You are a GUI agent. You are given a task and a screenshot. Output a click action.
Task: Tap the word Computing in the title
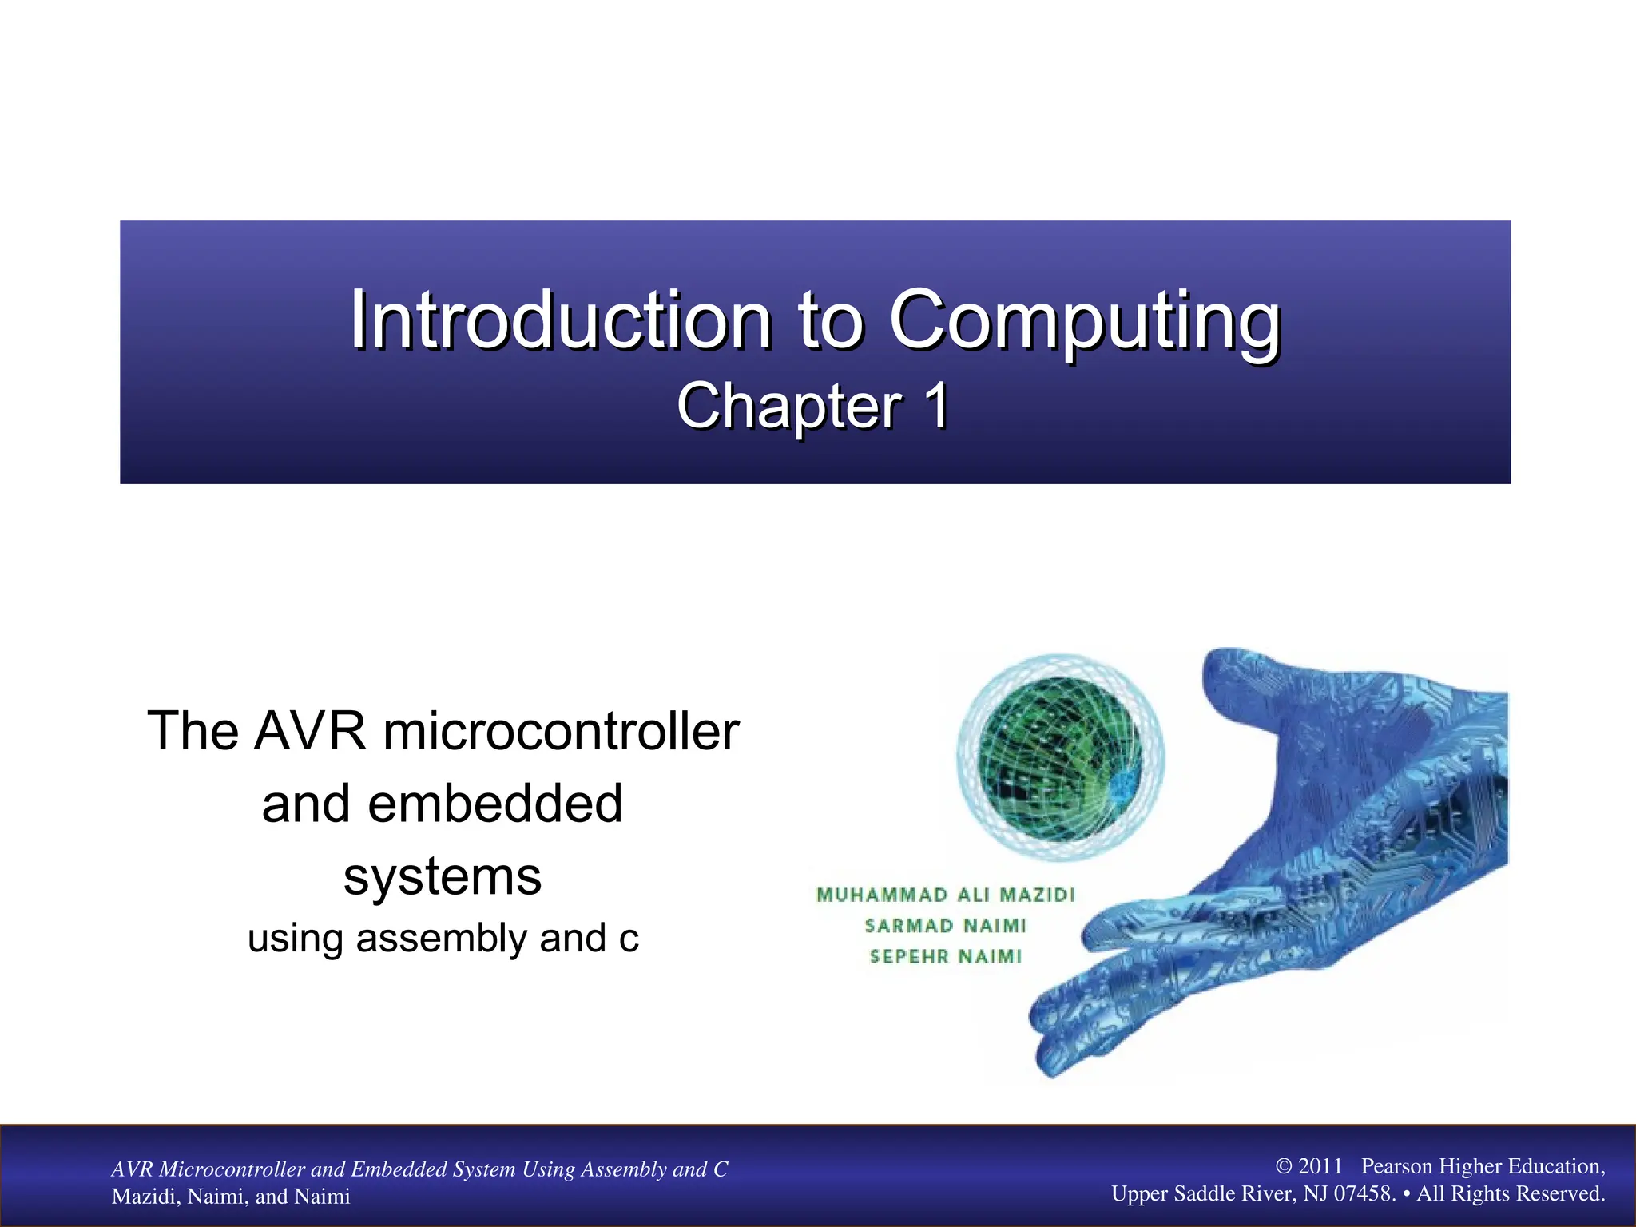[1084, 321]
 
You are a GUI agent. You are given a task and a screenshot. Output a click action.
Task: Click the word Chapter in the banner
[788, 406]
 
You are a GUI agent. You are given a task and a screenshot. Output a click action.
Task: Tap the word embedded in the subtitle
[494, 804]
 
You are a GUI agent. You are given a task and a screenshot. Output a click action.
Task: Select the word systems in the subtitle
[443, 876]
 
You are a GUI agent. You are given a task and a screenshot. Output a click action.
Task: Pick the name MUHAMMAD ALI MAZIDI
[946, 895]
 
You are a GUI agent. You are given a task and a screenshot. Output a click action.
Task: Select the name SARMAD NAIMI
[946, 926]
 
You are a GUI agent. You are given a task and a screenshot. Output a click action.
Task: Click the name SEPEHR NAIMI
[946, 956]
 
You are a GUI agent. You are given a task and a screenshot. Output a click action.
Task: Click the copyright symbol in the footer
[1284, 1166]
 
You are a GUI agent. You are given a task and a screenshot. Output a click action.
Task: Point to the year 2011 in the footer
[1320, 1166]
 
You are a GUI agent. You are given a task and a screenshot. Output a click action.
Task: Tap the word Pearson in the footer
[1396, 1166]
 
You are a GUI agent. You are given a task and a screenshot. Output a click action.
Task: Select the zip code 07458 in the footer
[1364, 1193]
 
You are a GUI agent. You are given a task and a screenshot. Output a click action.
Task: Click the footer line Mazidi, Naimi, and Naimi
[231, 1196]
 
